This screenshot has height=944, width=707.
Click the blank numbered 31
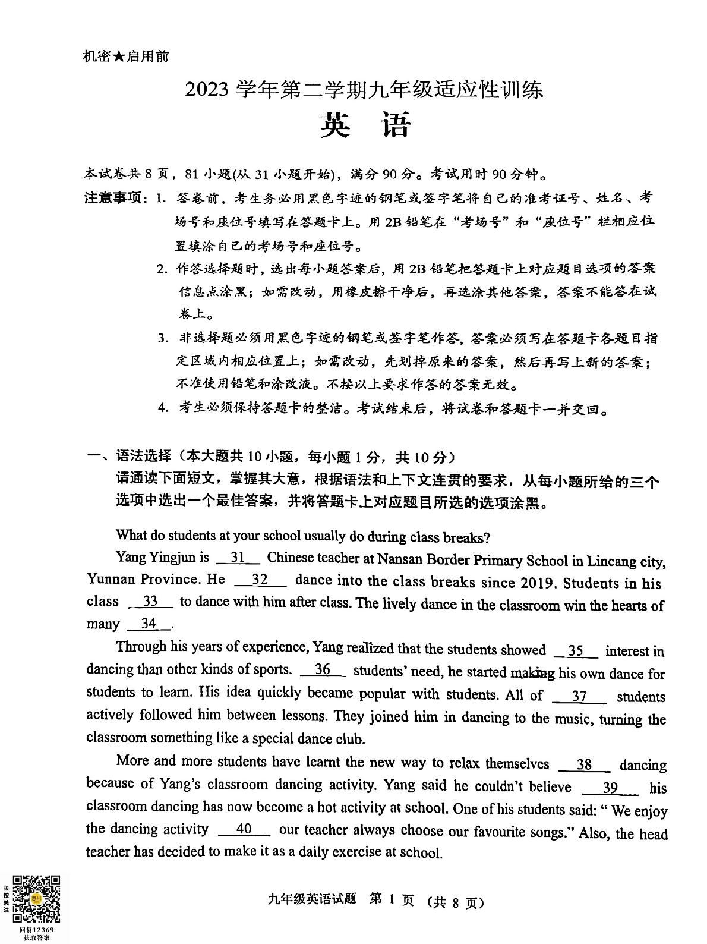[238, 558]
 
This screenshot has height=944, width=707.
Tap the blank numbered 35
[575, 651]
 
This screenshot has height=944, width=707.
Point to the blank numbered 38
[585, 765]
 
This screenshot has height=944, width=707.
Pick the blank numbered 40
[244, 829]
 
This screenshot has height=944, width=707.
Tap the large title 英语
[365, 125]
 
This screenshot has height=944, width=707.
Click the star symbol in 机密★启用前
[118, 56]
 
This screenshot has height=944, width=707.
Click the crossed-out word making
[532, 673]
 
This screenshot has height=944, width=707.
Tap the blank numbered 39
[610, 788]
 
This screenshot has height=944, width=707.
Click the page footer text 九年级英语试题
[312, 899]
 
